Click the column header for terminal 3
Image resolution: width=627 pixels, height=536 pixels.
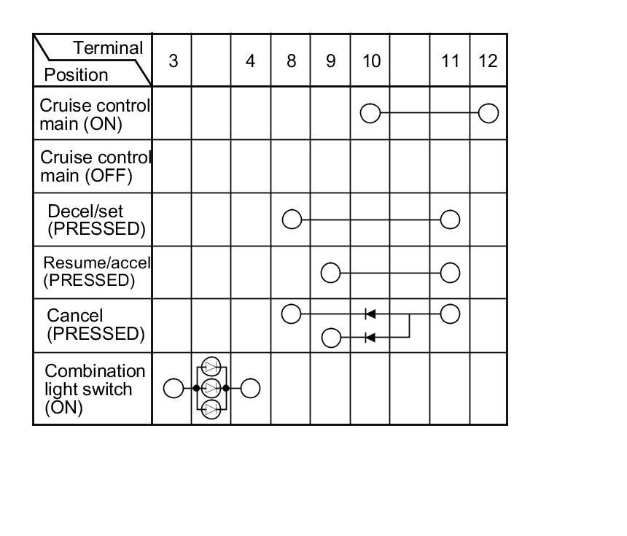pyautogui.click(x=173, y=61)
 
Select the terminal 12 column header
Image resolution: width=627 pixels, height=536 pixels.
pyautogui.click(x=488, y=61)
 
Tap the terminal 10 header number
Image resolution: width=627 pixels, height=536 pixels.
pyautogui.click(x=371, y=61)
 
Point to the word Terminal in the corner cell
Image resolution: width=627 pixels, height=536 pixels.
pyautogui.click(x=108, y=48)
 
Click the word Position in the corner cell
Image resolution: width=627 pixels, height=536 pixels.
pyautogui.click(x=76, y=74)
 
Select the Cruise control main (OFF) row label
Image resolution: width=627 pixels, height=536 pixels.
pyautogui.click(x=95, y=166)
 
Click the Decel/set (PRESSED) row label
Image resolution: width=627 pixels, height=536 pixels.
pyautogui.click(x=96, y=220)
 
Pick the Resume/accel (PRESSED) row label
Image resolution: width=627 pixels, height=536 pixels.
pyautogui.click(x=96, y=271)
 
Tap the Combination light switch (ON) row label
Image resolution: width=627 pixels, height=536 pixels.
pyautogui.click(x=95, y=389)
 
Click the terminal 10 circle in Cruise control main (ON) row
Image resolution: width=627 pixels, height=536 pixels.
pyautogui.click(x=370, y=113)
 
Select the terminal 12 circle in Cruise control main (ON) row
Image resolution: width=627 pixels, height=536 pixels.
pyautogui.click(x=488, y=113)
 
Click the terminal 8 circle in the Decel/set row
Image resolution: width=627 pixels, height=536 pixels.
pyautogui.click(x=292, y=220)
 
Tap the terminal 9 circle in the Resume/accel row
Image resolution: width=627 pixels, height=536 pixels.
pyautogui.click(x=331, y=273)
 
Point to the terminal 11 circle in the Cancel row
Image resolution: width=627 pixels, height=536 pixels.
pyautogui.click(x=451, y=314)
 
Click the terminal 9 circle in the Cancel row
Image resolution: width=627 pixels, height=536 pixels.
pyautogui.click(x=331, y=338)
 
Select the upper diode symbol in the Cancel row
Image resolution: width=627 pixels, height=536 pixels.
pyautogui.click(x=370, y=314)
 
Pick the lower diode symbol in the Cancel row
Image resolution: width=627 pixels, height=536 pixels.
pyautogui.click(x=370, y=338)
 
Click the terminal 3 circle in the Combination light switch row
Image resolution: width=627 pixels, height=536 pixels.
pyautogui.click(x=173, y=389)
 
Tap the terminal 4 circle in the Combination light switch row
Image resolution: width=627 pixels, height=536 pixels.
pyautogui.click(x=250, y=389)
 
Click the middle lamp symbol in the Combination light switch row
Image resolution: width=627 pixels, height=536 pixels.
pyautogui.click(x=211, y=388)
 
